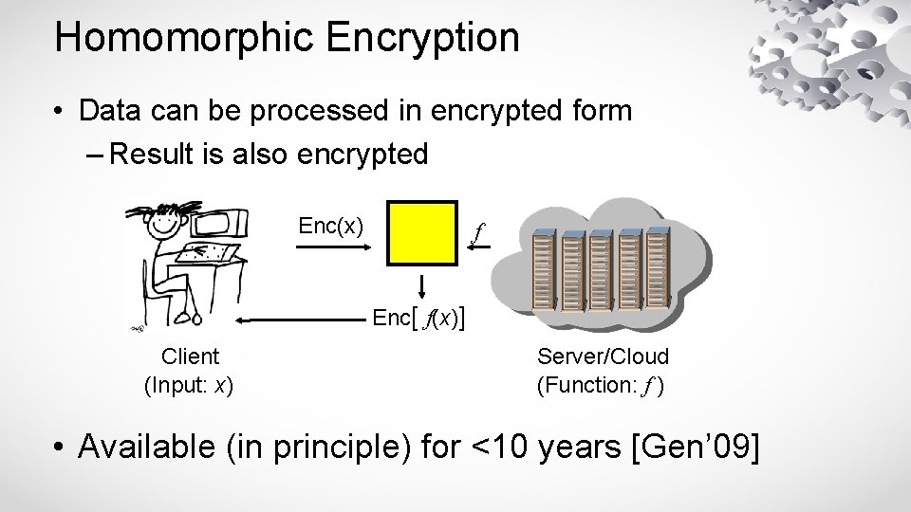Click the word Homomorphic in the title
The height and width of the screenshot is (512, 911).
tap(179, 38)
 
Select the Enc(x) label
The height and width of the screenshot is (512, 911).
tap(330, 226)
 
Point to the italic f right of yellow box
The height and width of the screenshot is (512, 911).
tap(479, 230)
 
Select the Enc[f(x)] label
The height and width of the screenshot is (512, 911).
tap(418, 318)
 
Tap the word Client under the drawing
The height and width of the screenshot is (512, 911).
tap(190, 357)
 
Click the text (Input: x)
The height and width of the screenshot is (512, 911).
tap(190, 385)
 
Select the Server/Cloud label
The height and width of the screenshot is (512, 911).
tap(603, 357)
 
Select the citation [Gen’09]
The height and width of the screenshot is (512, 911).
tap(696, 446)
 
